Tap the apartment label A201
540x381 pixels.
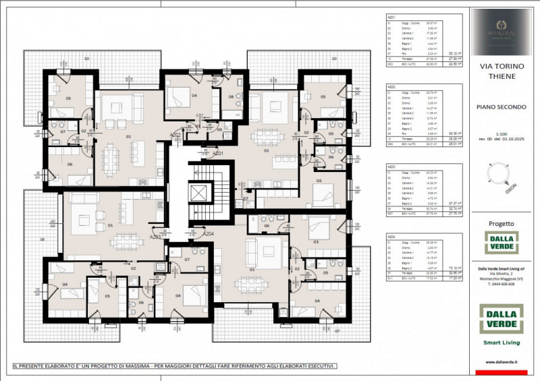(218, 153)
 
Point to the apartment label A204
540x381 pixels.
(209, 233)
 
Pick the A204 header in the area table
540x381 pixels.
(391, 236)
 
